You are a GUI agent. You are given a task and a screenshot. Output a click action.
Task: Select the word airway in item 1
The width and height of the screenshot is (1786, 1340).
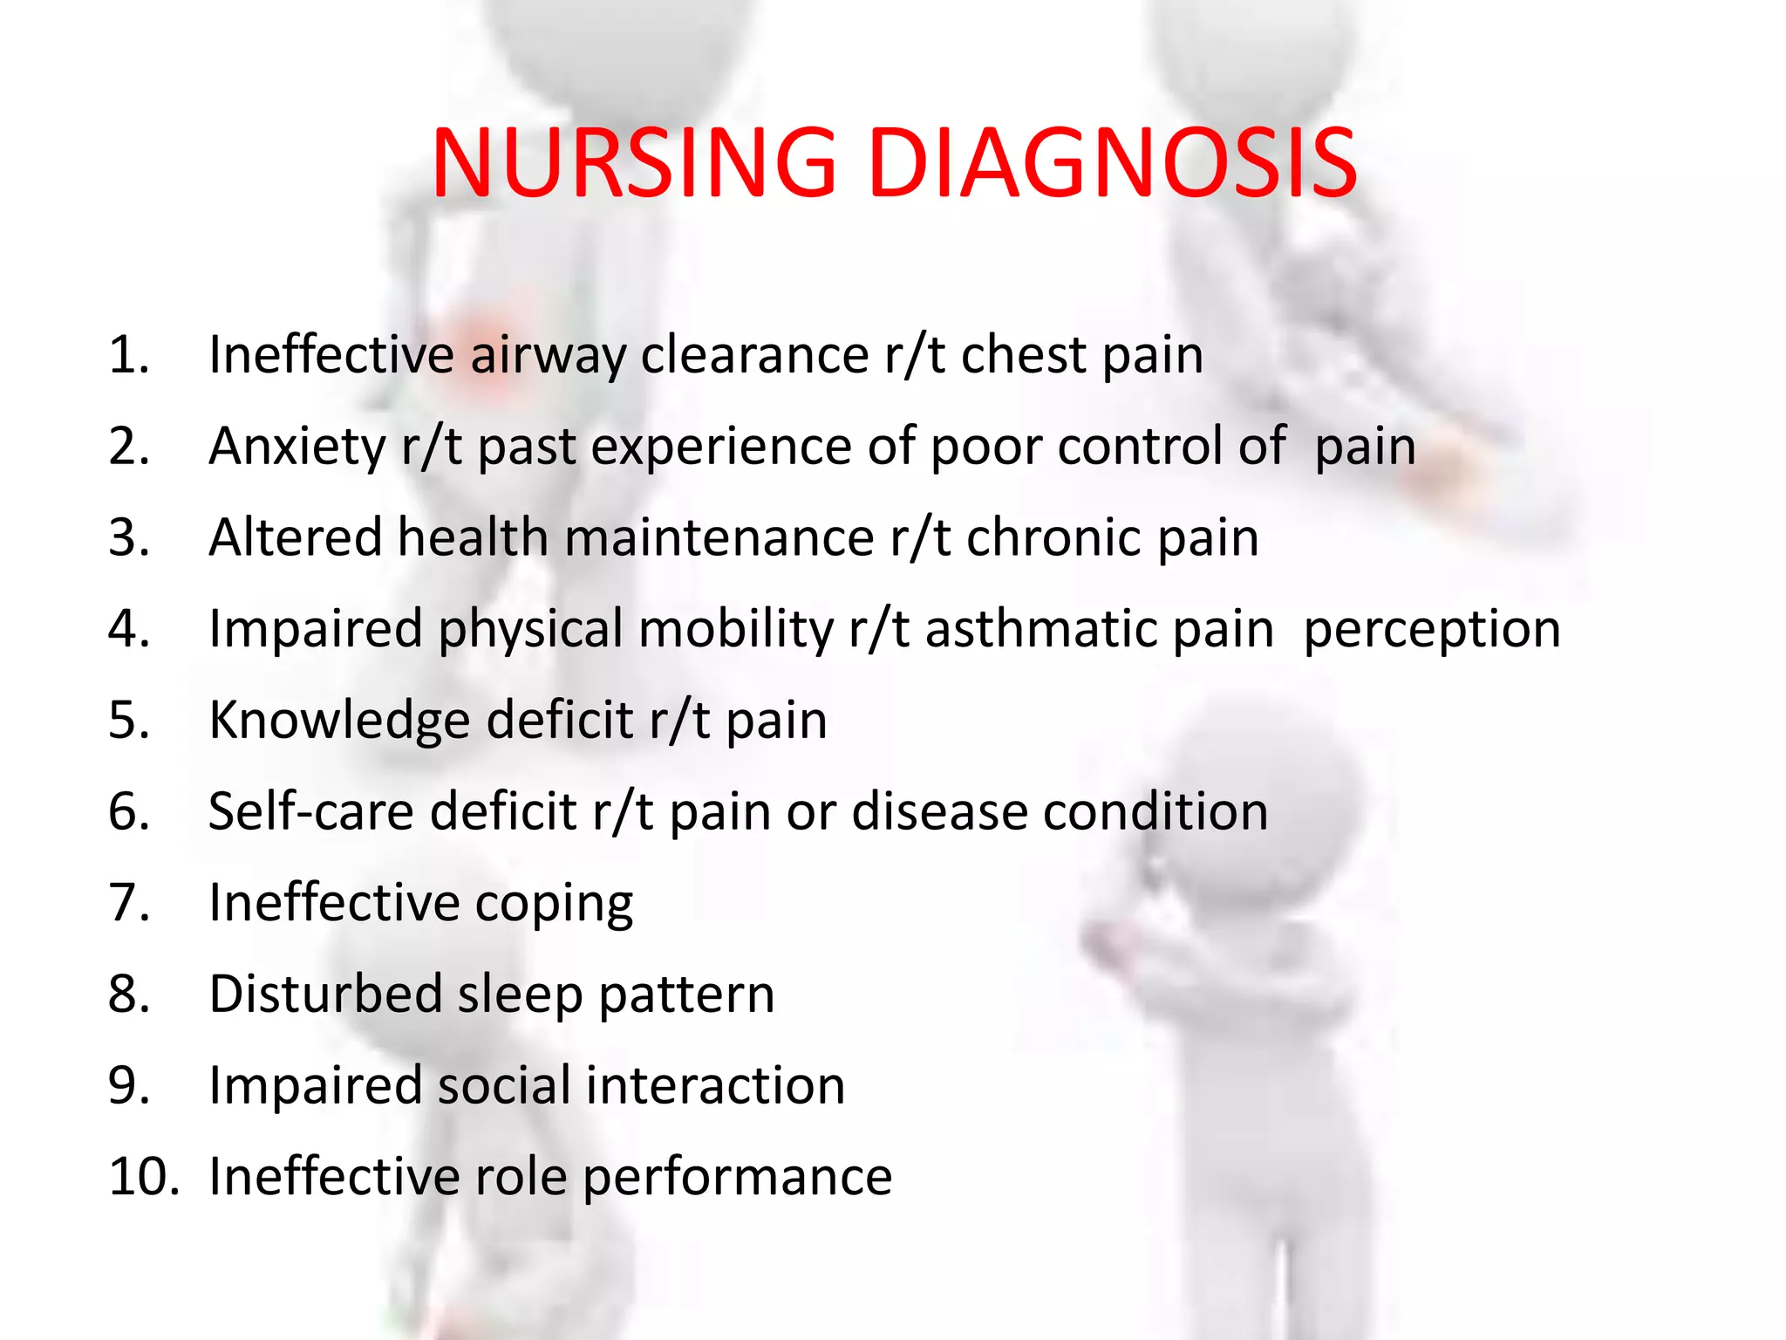(548, 356)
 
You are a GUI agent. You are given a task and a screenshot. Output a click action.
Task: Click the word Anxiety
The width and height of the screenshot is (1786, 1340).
(297, 448)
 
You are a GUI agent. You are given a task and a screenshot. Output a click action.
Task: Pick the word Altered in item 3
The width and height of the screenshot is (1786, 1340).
(295, 537)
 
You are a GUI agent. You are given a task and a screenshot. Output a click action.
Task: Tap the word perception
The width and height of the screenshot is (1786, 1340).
(1431, 630)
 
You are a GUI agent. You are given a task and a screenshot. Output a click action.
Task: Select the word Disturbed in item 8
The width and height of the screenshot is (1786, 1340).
(325, 995)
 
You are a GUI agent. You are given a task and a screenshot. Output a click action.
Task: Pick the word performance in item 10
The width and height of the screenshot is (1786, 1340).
(737, 1178)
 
